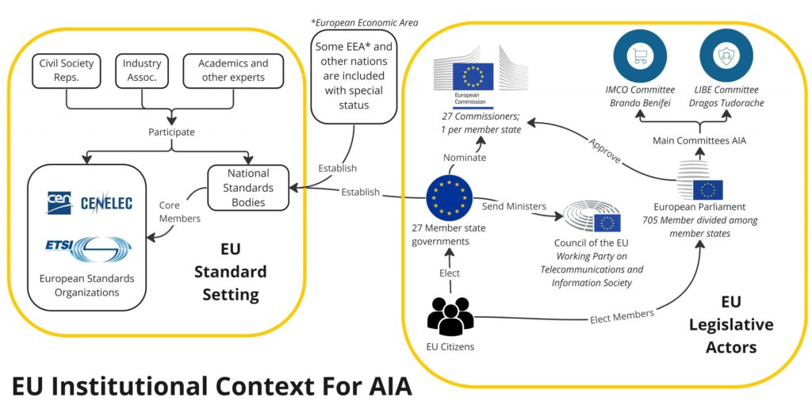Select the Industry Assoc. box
(142, 71)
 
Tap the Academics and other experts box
(232, 71)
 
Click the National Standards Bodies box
(248, 187)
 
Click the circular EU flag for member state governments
(450, 198)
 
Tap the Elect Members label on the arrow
(622, 316)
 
